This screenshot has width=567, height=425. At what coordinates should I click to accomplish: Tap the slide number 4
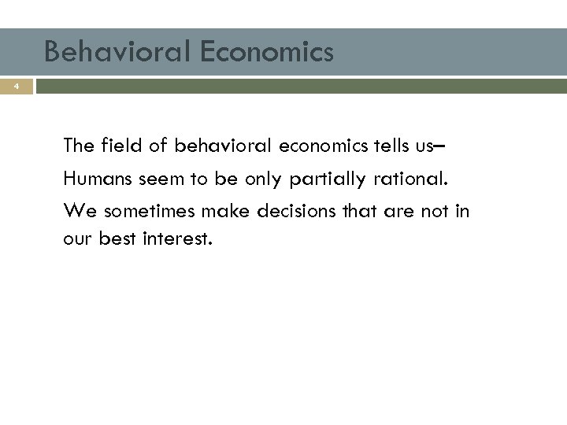[x=15, y=87]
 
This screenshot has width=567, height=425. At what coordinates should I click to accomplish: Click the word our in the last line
[x=77, y=237]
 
